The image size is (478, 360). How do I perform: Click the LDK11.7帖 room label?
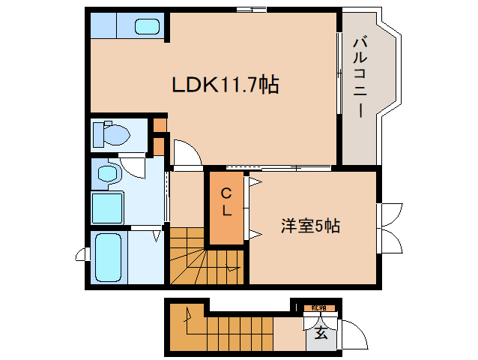(226, 85)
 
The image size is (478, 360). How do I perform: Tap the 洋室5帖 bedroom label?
(310, 225)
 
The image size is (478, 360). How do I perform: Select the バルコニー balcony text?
(359, 75)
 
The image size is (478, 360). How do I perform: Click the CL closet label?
(226, 202)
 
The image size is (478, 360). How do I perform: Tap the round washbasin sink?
(109, 174)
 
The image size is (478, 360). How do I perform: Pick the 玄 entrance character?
(321, 333)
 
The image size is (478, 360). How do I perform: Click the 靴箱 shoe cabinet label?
(320, 307)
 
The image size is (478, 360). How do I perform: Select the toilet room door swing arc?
(133, 163)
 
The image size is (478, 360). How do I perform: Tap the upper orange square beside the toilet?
(160, 124)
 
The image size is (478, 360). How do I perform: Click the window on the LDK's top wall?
(250, 9)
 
